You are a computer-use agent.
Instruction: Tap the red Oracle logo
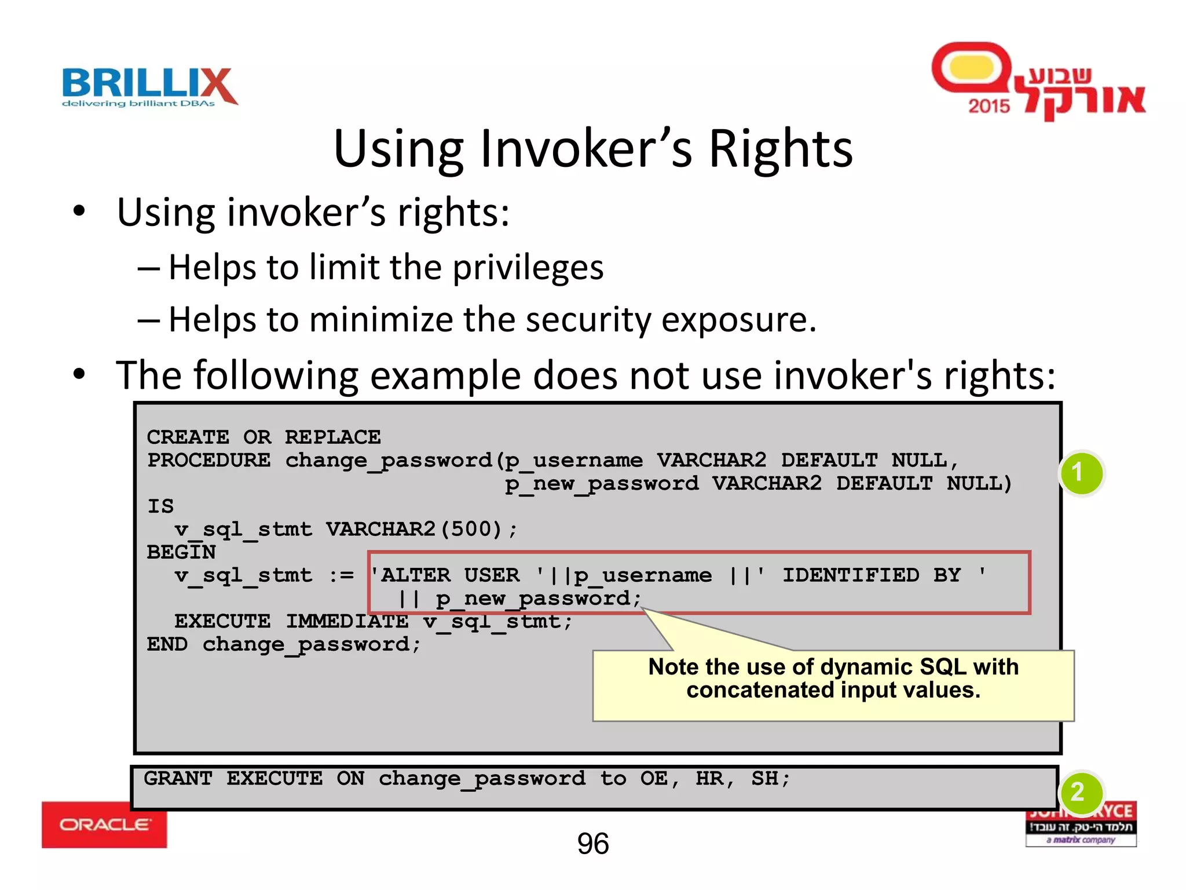104,825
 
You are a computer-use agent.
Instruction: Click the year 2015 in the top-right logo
989,106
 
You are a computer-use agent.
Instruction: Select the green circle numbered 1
1081,473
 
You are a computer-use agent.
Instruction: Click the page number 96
592,844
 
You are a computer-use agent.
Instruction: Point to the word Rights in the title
781,149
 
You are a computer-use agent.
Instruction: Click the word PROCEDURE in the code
208,461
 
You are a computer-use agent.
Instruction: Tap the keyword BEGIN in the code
181,552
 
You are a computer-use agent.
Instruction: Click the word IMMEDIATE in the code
347,621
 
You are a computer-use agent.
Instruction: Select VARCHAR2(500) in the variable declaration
413,529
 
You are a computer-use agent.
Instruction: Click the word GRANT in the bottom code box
178,778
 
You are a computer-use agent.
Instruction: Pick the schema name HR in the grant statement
709,778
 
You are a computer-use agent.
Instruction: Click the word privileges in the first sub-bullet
528,268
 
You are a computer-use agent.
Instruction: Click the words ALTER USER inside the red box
450,575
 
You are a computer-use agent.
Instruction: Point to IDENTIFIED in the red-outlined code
850,575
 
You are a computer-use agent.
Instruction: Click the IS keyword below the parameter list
160,506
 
